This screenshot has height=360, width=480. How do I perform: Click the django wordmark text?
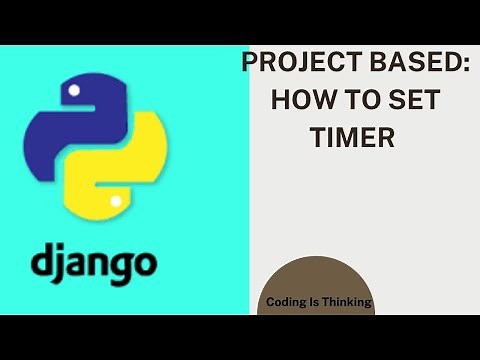click(93, 264)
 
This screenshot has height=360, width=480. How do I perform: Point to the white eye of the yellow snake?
click(117, 202)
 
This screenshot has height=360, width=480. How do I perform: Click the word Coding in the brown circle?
click(286, 301)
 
